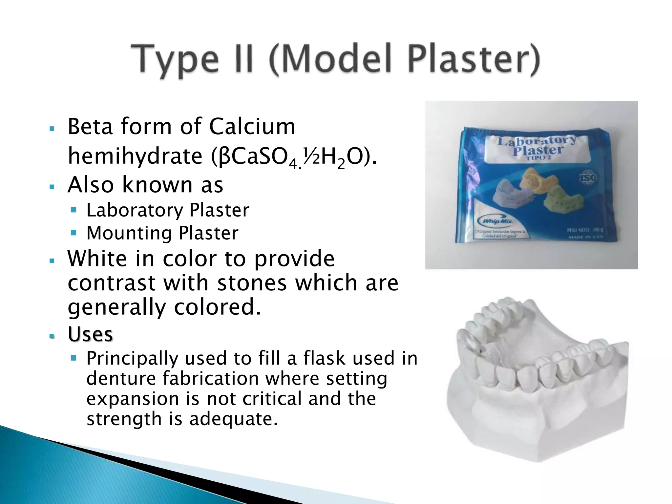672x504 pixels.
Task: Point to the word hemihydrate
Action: tap(135, 156)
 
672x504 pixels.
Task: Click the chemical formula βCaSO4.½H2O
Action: tap(294, 157)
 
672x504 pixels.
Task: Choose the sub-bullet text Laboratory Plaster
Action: tap(168, 210)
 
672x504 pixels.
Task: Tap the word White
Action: tap(97, 259)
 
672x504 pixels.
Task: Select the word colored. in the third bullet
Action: tap(217, 307)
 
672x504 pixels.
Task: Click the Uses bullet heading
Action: tap(90, 334)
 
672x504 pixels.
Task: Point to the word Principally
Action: tap(132, 358)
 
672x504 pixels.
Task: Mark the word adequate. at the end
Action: tap(233, 419)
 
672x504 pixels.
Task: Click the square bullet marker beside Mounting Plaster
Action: tap(73, 233)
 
